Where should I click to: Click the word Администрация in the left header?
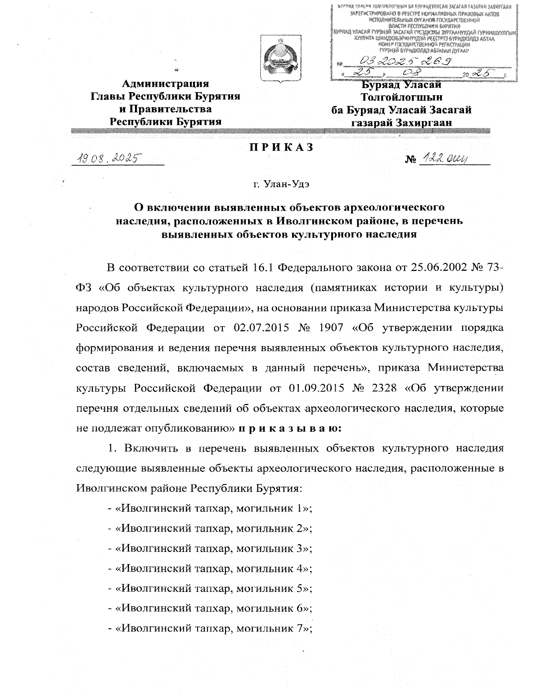(x=166, y=84)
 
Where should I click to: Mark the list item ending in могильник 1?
(x=210, y=509)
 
